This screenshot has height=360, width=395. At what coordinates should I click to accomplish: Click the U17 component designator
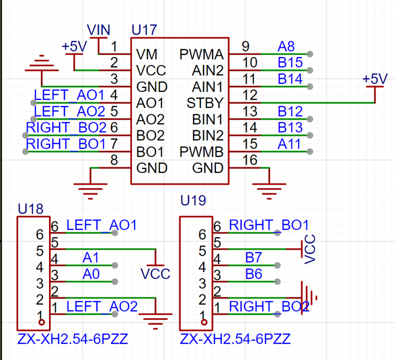point(144,30)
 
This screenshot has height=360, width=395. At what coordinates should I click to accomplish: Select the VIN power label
point(99,30)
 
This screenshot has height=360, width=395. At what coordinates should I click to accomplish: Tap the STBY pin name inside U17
point(205,103)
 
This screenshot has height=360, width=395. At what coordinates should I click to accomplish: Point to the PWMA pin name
point(201,54)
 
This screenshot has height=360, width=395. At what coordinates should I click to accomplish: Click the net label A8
point(286,47)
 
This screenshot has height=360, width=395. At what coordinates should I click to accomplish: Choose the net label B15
point(290,63)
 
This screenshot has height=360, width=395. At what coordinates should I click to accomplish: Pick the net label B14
point(290,79)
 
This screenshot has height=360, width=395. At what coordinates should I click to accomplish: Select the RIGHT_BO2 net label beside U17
point(66,127)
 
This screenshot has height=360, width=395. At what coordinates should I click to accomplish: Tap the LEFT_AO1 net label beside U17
point(69,95)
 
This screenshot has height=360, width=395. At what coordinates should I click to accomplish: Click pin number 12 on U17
point(250,95)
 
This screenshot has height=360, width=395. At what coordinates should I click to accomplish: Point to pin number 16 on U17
point(250,160)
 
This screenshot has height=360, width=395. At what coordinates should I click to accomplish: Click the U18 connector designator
point(30,208)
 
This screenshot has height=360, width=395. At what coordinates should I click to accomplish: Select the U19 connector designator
point(193,200)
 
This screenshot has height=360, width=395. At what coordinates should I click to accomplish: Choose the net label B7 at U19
point(253,257)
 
